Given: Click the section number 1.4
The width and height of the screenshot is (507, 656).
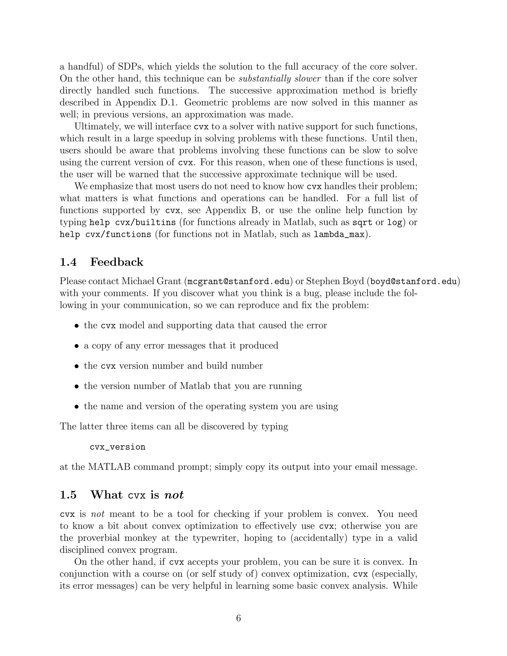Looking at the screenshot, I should pyautogui.click(x=68, y=262).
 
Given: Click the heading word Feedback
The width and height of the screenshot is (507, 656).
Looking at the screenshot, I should pyautogui.click(x=117, y=262).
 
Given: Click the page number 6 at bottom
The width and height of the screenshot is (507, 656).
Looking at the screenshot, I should pyautogui.click(x=238, y=618).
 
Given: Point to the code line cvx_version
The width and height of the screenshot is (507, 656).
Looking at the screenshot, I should pyautogui.click(x=117, y=447).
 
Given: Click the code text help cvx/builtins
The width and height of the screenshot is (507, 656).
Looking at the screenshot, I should pyautogui.click(x=132, y=223).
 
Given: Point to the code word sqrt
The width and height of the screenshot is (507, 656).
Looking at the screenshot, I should pyautogui.click(x=362, y=223).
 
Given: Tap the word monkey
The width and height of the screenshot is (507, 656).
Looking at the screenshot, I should pyautogui.click(x=140, y=538).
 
